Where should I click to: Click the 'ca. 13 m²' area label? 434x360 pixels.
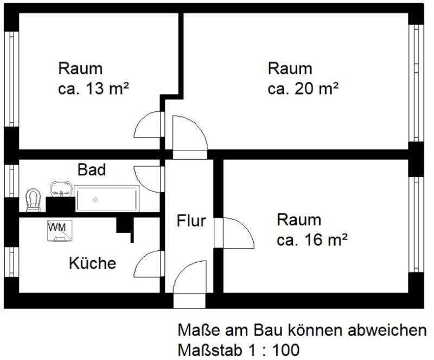(x=93, y=89)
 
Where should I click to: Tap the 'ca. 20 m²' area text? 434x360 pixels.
(x=303, y=89)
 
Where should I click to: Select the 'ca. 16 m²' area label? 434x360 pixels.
(x=312, y=240)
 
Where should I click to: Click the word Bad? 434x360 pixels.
(x=92, y=169)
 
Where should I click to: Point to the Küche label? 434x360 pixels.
(x=92, y=263)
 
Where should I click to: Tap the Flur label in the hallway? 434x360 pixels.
(x=192, y=221)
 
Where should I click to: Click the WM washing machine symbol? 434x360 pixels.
(x=60, y=231)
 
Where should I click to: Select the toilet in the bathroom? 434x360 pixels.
(x=33, y=200)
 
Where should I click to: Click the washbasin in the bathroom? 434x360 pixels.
(x=61, y=188)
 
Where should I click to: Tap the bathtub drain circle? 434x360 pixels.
(x=95, y=199)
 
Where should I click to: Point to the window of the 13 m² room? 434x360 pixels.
(x=11, y=79)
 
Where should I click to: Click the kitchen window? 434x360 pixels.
(x=11, y=262)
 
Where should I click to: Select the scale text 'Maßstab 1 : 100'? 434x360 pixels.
(x=239, y=350)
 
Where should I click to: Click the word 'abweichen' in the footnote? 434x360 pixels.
(x=387, y=330)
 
